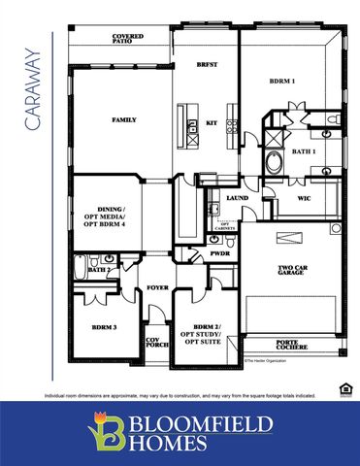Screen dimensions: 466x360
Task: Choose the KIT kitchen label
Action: [212, 123]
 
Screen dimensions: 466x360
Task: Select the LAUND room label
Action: [238, 197]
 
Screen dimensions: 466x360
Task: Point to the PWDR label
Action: [220, 252]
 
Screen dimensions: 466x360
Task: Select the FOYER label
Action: [157, 288]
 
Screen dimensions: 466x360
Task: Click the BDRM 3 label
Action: [104, 327]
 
